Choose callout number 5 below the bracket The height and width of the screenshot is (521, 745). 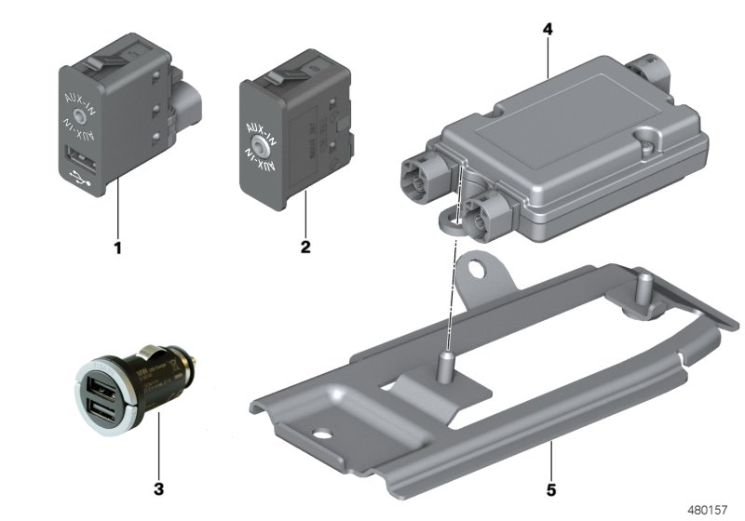550,487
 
